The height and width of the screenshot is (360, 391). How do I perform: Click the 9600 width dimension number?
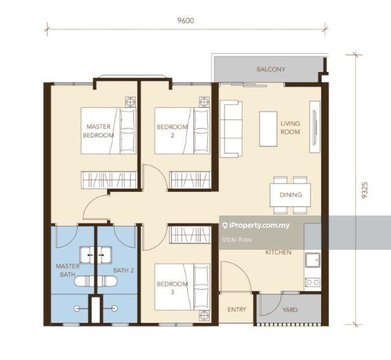point(185,20)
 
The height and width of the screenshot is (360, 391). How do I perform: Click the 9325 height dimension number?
point(365,190)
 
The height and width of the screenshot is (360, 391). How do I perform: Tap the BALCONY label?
point(271,69)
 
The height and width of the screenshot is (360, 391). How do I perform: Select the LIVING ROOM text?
point(290,127)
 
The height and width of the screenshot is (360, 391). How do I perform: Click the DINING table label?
point(291,195)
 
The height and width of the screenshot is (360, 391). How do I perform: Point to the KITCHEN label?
point(278,252)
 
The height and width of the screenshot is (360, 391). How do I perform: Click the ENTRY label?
point(237,309)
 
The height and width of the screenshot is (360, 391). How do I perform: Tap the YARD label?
point(290,310)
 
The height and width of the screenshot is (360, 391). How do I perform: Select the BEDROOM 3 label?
point(172,288)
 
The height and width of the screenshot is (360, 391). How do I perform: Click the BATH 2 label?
point(124,270)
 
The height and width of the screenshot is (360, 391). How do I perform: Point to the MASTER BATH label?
point(67,270)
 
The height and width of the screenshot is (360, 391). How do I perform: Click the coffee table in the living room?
point(268,129)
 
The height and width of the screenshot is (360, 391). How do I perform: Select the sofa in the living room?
point(231,129)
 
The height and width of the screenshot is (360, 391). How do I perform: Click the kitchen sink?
point(313,260)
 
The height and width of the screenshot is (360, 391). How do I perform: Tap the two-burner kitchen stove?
point(313,282)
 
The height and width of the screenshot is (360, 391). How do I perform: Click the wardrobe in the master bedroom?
point(109,180)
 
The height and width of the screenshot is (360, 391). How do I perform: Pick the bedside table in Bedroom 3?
point(204,315)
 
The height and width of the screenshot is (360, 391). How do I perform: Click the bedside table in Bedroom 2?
point(204,102)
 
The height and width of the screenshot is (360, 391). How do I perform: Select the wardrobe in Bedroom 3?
point(190,234)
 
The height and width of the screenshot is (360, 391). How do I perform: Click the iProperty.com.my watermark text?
point(256,225)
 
